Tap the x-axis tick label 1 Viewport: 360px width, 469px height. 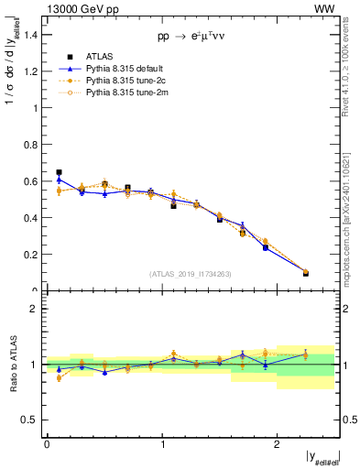pos(162,443)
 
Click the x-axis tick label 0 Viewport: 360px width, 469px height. pos(47,443)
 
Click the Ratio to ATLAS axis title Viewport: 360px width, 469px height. pos(12,365)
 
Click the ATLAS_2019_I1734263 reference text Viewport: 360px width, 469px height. pos(191,274)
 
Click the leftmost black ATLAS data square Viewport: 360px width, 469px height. pos(59,172)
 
